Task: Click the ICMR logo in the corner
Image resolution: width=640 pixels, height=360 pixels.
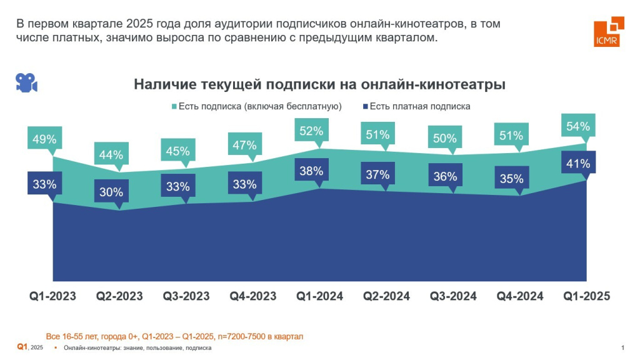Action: (x=608, y=32)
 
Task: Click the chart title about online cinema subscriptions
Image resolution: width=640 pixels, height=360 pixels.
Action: (x=319, y=84)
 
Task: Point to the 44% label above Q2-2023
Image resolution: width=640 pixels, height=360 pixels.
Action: (x=110, y=155)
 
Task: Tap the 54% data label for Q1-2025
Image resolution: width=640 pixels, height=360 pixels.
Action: (x=577, y=126)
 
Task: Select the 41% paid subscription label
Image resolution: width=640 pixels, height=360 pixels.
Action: (x=578, y=164)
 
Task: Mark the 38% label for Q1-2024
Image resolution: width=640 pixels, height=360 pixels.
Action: (x=311, y=171)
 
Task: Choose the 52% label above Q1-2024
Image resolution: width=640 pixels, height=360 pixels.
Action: (x=311, y=131)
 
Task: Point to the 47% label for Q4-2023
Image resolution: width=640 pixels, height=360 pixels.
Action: (x=244, y=145)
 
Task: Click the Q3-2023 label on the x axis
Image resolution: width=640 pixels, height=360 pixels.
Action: (x=186, y=296)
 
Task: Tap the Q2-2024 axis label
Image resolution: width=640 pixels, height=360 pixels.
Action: (x=387, y=296)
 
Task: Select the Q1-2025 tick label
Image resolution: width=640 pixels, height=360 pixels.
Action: (x=587, y=296)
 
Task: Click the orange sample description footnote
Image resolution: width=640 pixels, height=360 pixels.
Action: (x=174, y=336)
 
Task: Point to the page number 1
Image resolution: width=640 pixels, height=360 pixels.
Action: (x=622, y=348)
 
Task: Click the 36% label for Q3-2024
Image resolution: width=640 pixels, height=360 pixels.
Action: (x=444, y=176)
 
